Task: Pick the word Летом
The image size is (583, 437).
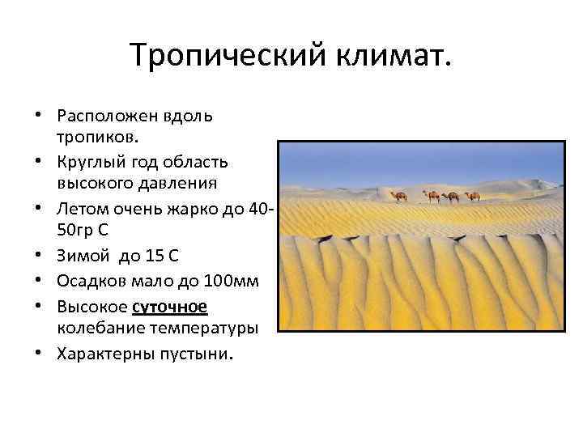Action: click(79, 210)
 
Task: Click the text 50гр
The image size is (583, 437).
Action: click(74, 230)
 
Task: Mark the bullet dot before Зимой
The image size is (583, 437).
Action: click(45, 257)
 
